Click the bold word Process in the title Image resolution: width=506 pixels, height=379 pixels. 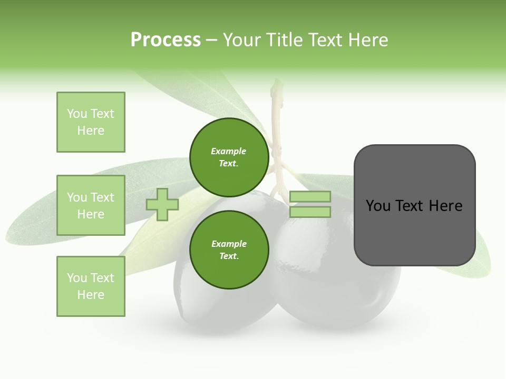point(166,40)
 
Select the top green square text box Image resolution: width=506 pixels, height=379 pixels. point(91,122)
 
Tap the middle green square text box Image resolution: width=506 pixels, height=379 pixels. point(91,205)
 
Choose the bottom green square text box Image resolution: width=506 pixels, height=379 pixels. point(91,286)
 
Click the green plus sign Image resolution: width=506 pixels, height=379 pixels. point(162,204)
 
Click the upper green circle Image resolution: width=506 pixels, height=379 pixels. point(229,157)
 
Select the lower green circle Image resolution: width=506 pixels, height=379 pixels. point(229,250)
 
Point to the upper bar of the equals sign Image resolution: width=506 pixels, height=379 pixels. point(310,197)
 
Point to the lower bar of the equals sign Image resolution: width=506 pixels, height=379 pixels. point(310,212)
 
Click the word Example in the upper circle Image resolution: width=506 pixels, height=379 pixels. point(229,151)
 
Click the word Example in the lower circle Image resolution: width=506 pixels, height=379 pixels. point(229,244)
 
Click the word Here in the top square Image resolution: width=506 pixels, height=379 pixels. point(91,131)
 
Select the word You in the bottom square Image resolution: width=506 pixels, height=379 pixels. point(77,278)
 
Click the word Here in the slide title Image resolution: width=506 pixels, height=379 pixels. point(368,40)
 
